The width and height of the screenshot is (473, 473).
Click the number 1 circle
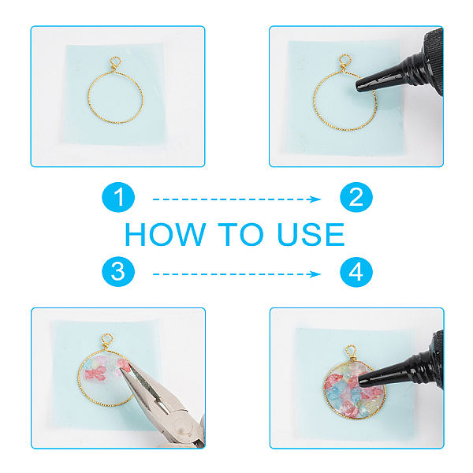[118, 197]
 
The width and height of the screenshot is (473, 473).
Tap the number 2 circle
[356, 197]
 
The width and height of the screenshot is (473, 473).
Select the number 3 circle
[118, 272]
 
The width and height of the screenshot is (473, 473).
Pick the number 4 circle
[356, 272]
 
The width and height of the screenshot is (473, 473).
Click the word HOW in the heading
[166, 234]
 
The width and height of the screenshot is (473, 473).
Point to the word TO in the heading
[240, 234]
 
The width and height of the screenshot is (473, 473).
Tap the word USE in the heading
[311, 234]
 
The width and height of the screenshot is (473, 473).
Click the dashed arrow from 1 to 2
[236, 199]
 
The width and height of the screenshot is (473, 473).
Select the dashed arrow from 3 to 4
[236, 274]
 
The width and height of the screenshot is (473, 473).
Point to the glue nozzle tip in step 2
[358, 86]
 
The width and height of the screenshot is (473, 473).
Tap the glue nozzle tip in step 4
[361, 382]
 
